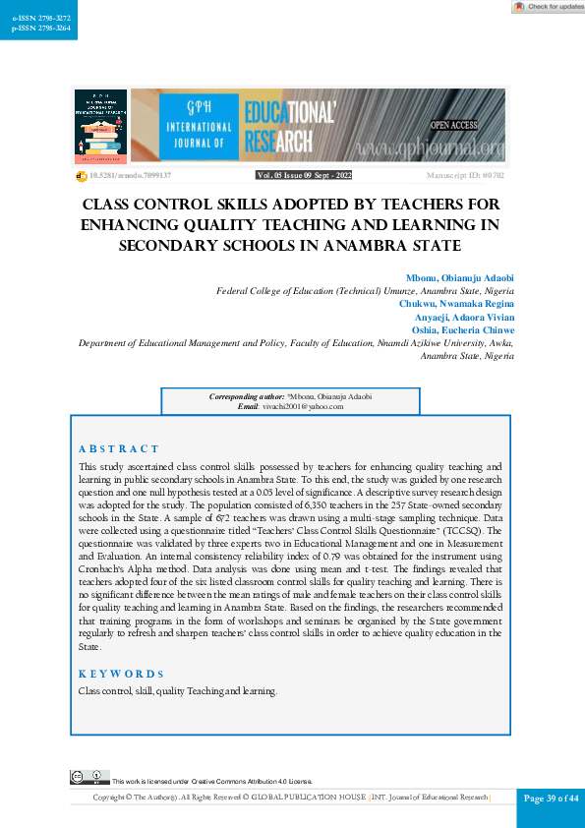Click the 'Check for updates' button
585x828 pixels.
pos(548,7)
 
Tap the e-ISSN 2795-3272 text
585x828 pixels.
pos(34,18)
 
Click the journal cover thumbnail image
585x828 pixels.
pos(100,126)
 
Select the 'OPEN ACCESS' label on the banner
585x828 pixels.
pos(453,126)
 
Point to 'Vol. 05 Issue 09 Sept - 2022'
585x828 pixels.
pos(304,175)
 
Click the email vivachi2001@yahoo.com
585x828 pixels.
pos(304,406)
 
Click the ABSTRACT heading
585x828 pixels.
pos(118,448)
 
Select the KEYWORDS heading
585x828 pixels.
pos(121,674)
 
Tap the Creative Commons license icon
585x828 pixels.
pos(83,778)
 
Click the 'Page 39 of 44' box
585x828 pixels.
pos(551,798)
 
